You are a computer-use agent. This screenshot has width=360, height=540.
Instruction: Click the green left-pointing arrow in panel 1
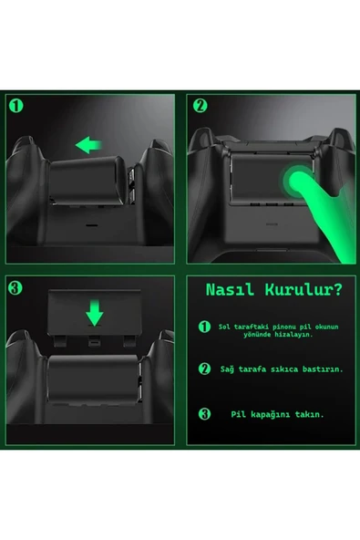tap(88, 144)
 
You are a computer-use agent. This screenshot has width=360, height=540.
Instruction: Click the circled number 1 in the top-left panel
tap(16, 105)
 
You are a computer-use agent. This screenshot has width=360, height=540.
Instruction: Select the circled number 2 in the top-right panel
tap(201, 105)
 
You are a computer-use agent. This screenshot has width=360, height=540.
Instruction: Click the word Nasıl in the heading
tap(231, 291)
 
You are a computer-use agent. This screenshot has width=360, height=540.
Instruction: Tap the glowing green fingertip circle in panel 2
tap(296, 180)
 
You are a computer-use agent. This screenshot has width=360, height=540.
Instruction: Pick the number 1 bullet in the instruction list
tap(205, 327)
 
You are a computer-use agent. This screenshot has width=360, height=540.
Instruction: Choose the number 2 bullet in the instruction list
tap(205, 369)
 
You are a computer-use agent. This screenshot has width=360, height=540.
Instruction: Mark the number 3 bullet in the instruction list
tap(205, 413)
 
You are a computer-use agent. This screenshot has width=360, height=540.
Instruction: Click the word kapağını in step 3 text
tap(267, 413)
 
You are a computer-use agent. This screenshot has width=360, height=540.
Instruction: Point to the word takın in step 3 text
tap(309, 413)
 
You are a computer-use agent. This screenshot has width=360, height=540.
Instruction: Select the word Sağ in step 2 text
tap(227, 369)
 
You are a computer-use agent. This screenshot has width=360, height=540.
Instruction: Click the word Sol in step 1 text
tap(226, 325)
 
